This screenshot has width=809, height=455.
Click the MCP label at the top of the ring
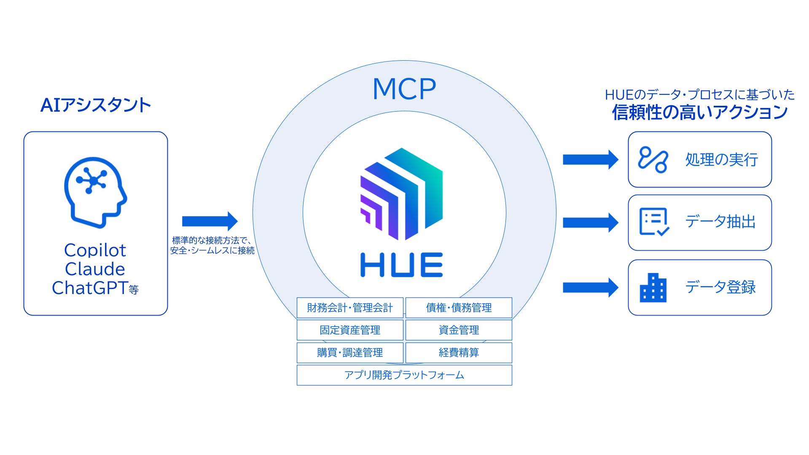(404, 89)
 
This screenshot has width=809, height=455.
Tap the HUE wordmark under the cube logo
(401, 265)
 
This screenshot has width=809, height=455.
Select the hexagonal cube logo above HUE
(401, 194)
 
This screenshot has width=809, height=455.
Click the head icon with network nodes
(95, 193)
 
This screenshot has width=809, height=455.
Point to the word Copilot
(95, 250)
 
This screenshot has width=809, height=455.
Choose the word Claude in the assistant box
(95, 269)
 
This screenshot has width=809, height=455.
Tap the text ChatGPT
(90, 288)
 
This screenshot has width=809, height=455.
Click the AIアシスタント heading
(96, 105)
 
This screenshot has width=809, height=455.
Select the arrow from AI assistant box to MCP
(210, 221)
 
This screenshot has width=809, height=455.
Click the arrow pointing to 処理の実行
(591, 160)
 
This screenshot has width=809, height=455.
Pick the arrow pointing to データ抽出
(591, 222)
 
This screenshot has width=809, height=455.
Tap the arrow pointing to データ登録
(591, 288)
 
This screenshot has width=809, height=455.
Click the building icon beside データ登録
(653, 288)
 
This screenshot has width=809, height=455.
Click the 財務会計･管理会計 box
(350, 308)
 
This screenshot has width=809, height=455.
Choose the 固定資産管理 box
(350, 330)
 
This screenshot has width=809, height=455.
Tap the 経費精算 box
(459, 353)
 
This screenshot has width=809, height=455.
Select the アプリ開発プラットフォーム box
(404, 375)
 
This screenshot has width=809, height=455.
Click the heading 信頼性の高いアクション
(700, 112)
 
